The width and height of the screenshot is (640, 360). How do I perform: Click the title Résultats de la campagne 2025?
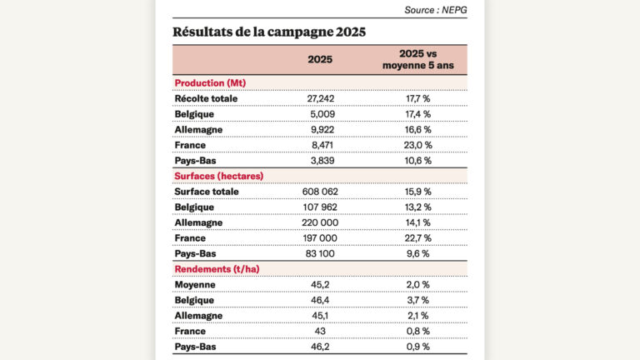click(x=268, y=32)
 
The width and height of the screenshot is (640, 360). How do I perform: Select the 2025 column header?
click(x=320, y=59)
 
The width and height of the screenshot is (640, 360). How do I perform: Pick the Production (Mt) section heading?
click(x=209, y=83)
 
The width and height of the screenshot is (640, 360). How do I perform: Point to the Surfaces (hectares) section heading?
click(x=218, y=176)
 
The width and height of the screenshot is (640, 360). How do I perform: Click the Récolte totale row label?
click(x=206, y=98)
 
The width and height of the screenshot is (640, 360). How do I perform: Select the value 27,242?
click(x=320, y=98)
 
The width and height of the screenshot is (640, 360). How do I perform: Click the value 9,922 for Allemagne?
click(x=320, y=129)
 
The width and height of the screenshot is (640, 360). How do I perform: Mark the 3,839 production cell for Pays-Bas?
click(x=320, y=160)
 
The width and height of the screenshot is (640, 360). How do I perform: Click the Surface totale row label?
click(x=207, y=191)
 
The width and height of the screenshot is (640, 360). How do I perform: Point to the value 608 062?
click(x=320, y=191)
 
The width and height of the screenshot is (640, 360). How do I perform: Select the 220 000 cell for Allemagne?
click(x=320, y=222)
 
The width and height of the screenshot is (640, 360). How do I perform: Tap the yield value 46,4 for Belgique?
click(x=320, y=300)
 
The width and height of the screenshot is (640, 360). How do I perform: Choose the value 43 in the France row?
click(x=320, y=331)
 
